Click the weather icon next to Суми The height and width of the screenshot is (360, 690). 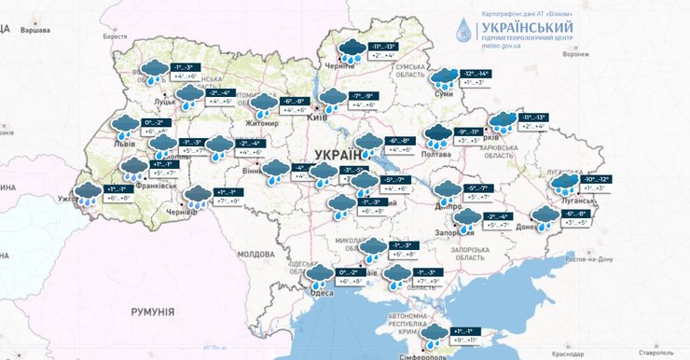click(443, 78)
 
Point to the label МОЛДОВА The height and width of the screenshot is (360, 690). click(255, 254)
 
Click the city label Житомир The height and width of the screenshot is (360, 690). click(261, 123)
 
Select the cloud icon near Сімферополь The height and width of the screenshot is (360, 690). click(434, 335)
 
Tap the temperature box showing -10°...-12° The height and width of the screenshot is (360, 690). click(597, 179)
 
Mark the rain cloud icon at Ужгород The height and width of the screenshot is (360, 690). click(89, 193)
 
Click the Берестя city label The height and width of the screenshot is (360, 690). click(116, 36)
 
